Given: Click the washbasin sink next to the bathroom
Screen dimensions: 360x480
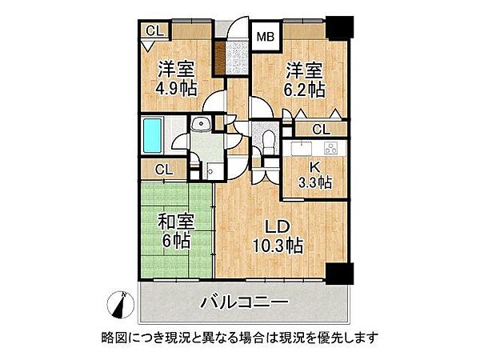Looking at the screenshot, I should pyautogui.click(x=202, y=124).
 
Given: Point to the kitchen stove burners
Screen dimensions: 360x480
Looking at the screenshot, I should pyautogui.click(x=330, y=150).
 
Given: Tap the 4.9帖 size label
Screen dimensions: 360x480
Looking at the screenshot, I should pyautogui.click(x=177, y=87).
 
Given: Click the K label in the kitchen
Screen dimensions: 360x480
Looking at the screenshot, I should pyautogui.click(x=314, y=168).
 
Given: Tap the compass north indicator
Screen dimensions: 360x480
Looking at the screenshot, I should pyautogui.click(x=121, y=304).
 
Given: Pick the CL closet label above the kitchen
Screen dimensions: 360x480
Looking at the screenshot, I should pyautogui.click(x=319, y=130).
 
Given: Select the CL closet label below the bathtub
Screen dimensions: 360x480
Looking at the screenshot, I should pyautogui.click(x=163, y=169).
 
